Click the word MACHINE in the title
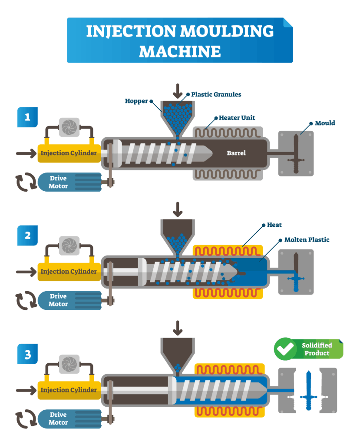tap(180, 51)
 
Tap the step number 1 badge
tap(27, 117)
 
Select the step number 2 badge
tap(27, 236)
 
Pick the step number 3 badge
tap(27, 355)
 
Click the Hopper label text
tap(136, 101)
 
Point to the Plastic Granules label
tap(216, 94)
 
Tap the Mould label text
tap(325, 123)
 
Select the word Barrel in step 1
tap(236, 153)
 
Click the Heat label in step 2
tap(274, 225)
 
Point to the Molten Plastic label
tap(307, 239)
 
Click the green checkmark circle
tap(285, 349)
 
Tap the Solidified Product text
tap(317, 349)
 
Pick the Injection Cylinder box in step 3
tap(69, 390)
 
